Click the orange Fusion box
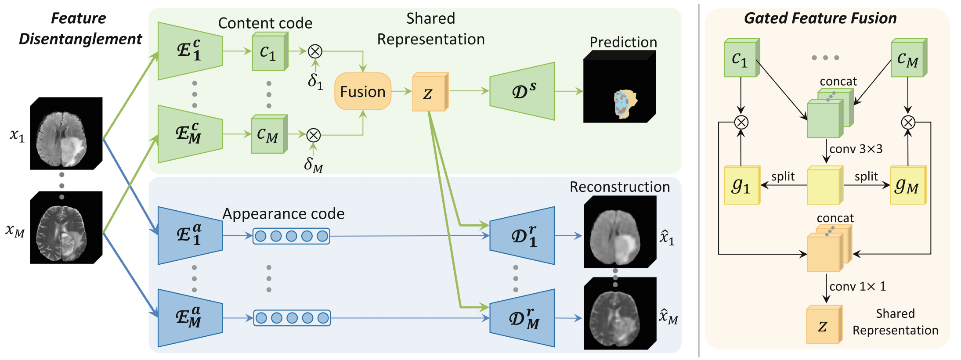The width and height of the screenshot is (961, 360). pyautogui.click(x=363, y=91)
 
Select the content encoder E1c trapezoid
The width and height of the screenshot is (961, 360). pyautogui.click(x=190, y=51)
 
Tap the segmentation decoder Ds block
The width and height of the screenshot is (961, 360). pyautogui.click(x=522, y=91)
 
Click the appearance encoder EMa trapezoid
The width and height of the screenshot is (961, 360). pyautogui.click(x=190, y=318)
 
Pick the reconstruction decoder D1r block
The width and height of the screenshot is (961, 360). pyautogui.click(x=522, y=236)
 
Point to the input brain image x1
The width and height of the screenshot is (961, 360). pyautogui.click(x=66, y=133)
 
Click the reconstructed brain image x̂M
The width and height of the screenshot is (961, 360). pyautogui.click(x=620, y=313)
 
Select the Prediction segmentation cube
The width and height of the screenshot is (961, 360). pyautogui.click(x=619, y=86)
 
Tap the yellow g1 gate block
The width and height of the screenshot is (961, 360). pyautogui.click(x=742, y=185)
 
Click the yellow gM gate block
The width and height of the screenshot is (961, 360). pyautogui.click(x=908, y=185)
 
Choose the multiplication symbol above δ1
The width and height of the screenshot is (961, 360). pyautogui.click(x=315, y=51)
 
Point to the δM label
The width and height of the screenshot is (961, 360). pyautogui.click(x=314, y=165)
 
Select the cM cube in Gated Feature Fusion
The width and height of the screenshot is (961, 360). pyautogui.click(x=909, y=58)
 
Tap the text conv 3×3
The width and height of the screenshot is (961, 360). pyautogui.click(x=856, y=149)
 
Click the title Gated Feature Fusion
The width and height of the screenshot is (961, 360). pyautogui.click(x=820, y=18)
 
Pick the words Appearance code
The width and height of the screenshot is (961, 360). pyautogui.click(x=283, y=214)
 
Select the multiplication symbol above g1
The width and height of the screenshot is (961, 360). pyautogui.click(x=741, y=122)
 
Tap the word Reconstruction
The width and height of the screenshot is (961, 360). pyautogui.click(x=620, y=187)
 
